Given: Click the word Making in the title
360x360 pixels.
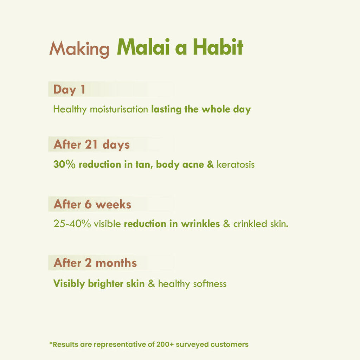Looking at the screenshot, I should pos(79,49).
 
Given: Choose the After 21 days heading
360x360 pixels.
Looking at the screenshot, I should pos(91,144).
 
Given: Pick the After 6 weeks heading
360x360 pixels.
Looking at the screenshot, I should pos(92,204).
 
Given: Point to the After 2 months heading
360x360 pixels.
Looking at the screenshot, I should pos(95,263).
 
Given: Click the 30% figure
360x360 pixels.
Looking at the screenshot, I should pos(64,164).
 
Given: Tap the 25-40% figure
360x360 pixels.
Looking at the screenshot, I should pos(72,224).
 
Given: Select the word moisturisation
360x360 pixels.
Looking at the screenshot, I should pos(119,109).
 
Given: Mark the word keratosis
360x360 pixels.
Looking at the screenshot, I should pos(236,164).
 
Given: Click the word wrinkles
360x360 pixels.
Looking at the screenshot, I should pos(200,224).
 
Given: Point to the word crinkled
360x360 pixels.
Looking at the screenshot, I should pos(250,224).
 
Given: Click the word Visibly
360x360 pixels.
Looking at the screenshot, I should pos(69,284).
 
